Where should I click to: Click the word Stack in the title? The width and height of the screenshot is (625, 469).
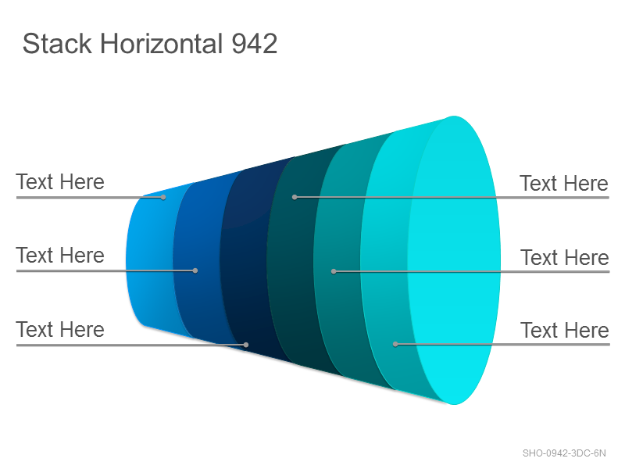pyautogui.click(x=57, y=44)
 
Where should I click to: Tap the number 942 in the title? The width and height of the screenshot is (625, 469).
pyautogui.click(x=255, y=44)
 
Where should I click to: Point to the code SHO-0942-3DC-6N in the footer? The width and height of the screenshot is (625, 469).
pyautogui.click(x=564, y=453)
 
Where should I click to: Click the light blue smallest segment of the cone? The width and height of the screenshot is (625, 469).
pyautogui.click(x=149, y=261)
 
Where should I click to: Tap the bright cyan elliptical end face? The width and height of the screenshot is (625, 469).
pyautogui.click(x=454, y=260)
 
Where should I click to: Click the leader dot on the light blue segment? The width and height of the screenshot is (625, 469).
pyautogui.click(x=163, y=197)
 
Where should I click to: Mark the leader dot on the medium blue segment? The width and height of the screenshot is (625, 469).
pyautogui.click(x=195, y=270)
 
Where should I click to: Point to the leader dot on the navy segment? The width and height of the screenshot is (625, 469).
pyautogui.click(x=246, y=345)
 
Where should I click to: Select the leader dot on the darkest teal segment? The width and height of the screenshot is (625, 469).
pyautogui.click(x=295, y=197)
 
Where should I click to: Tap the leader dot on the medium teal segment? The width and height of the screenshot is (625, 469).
pyautogui.click(x=334, y=271)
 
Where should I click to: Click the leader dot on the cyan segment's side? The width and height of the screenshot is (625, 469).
pyautogui.click(x=395, y=344)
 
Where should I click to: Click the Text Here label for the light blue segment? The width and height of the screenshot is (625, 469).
pyautogui.click(x=60, y=182)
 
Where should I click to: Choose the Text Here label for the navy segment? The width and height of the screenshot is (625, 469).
pyautogui.click(x=60, y=330)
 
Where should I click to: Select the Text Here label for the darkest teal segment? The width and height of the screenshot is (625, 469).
pyautogui.click(x=564, y=184)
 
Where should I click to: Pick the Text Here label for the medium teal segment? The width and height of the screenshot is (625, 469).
pyautogui.click(x=565, y=258)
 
